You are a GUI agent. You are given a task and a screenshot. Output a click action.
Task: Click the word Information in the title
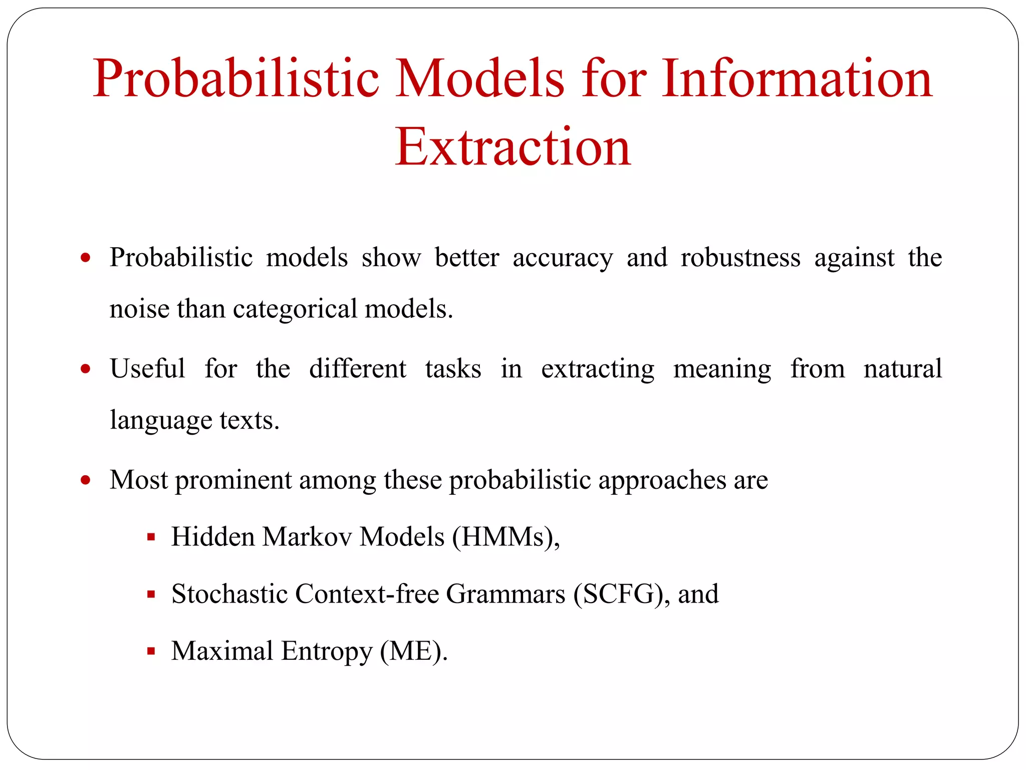point(797,79)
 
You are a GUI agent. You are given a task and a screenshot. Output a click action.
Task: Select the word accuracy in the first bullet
point(562,259)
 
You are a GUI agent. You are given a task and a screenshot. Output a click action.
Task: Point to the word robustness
point(740,258)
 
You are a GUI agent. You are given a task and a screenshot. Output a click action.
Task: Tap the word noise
point(139,309)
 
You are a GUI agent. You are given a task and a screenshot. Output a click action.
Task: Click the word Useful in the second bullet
point(147,369)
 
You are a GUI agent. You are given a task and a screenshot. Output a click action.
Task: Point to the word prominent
point(233,481)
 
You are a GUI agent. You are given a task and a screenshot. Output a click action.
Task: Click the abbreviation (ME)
point(413,652)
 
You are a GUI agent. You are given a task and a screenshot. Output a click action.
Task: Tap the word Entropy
point(327,652)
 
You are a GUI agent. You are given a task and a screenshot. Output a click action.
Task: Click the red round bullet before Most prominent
point(86,480)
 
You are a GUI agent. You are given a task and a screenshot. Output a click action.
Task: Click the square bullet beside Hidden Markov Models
point(151,537)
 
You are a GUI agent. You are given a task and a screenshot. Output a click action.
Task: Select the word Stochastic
point(229,595)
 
